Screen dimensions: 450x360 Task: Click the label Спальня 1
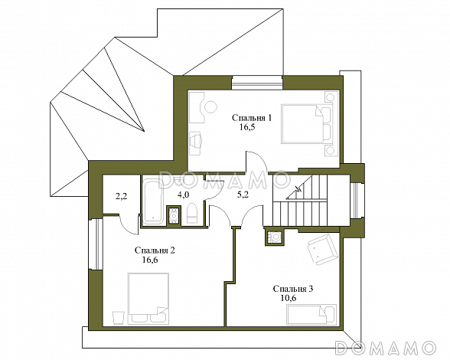click(252, 119)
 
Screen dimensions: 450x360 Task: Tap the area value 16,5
click(247, 128)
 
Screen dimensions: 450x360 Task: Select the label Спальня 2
click(155, 250)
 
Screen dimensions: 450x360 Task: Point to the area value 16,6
click(150, 260)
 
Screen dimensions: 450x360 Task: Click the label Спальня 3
click(293, 289)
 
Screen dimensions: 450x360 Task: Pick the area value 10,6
click(289, 298)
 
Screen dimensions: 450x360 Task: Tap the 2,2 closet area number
click(122, 197)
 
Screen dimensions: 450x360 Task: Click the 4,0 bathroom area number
click(183, 195)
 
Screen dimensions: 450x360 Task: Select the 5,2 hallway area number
click(243, 195)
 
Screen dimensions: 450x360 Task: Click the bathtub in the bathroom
click(153, 202)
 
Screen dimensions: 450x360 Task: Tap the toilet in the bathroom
click(192, 214)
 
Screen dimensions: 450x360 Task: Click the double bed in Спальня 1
click(306, 124)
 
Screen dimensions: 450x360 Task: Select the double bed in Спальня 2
click(148, 299)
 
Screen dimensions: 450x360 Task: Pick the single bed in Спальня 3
click(311, 315)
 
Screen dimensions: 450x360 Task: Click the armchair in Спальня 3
click(321, 249)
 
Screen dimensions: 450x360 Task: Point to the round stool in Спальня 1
click(210, 107)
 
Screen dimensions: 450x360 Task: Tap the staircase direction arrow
click(298, 190)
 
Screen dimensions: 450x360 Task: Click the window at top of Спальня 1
click(257, 83)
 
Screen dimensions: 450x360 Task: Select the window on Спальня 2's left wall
click(96, 244)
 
